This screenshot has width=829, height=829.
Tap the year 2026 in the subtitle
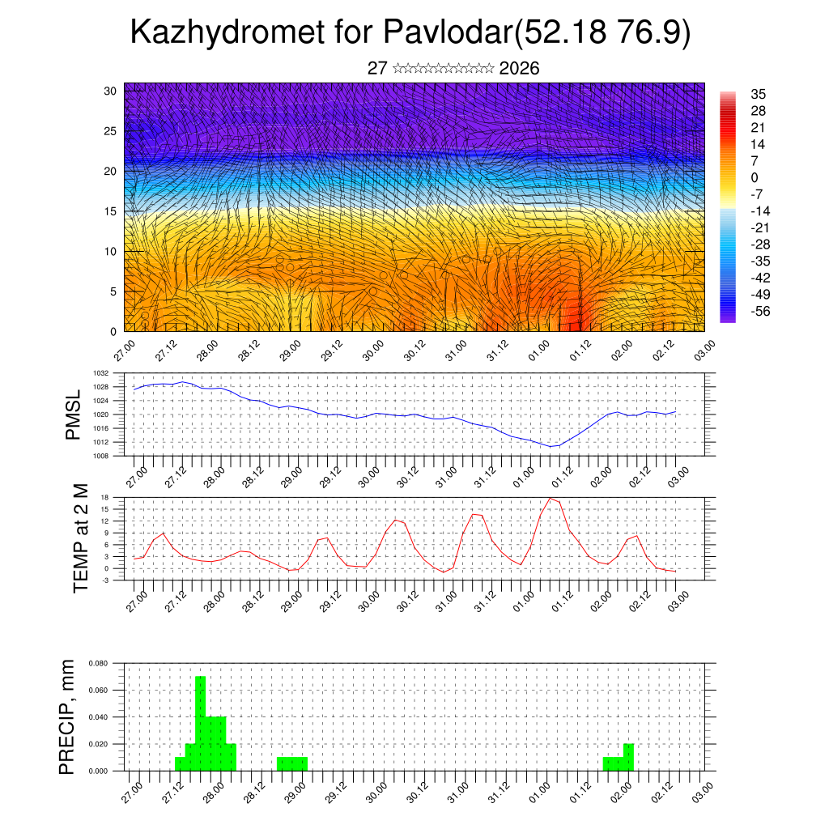[x=520, y=68]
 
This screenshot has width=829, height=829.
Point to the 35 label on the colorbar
[x=759, y=94]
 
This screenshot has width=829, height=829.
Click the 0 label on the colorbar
[x=755, y=177]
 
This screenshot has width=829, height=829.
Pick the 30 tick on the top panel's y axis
[x=110, y=91]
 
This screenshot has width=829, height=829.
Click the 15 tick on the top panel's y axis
[x=110, y=211]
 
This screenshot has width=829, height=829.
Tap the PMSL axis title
[x=73, y=414]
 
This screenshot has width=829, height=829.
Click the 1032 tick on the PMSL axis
[x=101, y=373]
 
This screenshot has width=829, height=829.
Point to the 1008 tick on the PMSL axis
[x=101, y=456]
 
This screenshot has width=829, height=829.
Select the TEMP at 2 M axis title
[x=80, y=538]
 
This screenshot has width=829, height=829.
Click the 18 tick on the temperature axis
[x=105, y=496]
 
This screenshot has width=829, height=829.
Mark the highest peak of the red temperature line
[x=551, y=498]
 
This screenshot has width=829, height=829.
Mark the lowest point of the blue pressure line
[x=551, y=446]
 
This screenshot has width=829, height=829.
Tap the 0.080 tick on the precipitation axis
[x=98, y=663]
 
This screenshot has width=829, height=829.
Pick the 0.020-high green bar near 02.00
[x=629, y=757]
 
